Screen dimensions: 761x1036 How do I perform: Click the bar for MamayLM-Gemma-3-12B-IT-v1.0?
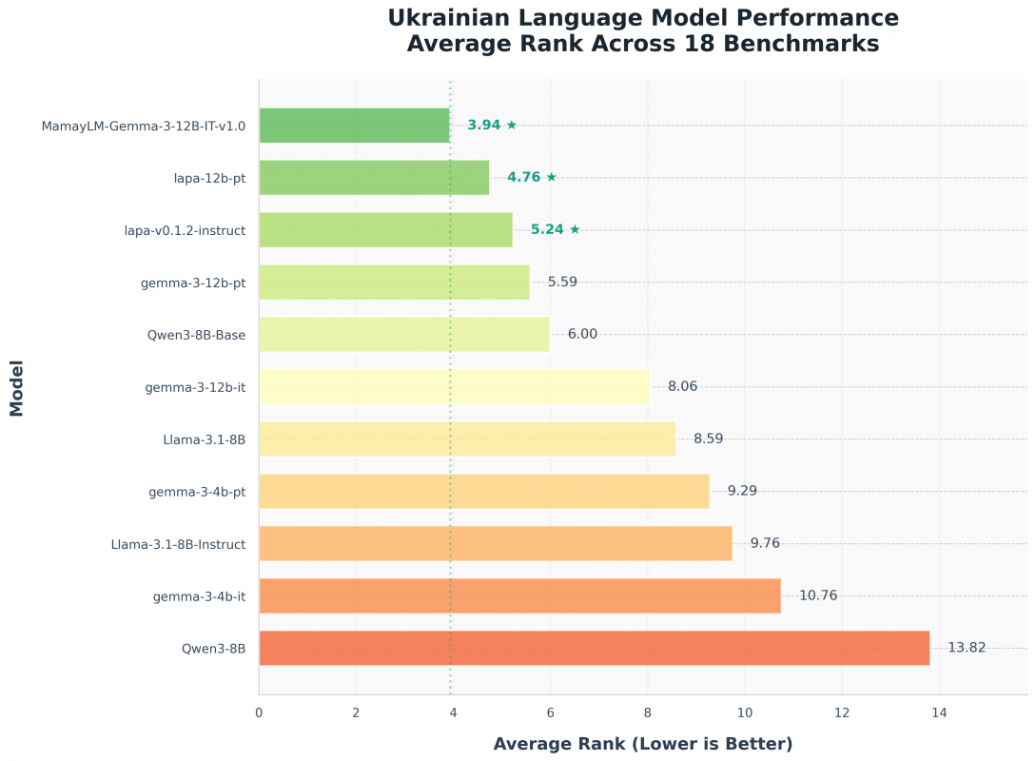[354, 126]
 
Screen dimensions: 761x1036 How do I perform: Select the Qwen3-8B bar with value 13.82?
[594, 649]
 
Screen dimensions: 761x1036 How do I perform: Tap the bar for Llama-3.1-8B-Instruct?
[495, 544]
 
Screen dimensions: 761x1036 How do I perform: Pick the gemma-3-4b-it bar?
[519, 596]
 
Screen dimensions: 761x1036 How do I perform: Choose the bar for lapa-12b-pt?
[374, 178]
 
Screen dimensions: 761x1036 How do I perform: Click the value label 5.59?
[562, 282]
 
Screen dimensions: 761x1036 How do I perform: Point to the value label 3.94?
[484, 126]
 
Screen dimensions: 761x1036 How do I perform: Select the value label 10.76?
[818, 596]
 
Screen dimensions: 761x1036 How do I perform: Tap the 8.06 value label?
[682, 387]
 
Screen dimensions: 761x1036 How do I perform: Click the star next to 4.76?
[551, 177]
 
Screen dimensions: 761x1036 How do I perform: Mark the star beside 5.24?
[575, 229]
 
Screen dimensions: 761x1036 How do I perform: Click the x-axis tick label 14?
[939, 712]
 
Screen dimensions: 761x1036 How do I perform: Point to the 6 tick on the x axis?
[550, 712]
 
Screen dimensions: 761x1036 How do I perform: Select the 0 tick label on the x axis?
[259, 712]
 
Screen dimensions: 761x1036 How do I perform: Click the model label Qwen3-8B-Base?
[196, 335]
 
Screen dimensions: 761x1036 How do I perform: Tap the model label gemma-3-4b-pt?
[197, 492]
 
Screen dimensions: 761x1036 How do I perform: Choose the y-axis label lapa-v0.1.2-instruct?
[185, 230]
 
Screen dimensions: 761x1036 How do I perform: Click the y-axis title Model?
[16, 387]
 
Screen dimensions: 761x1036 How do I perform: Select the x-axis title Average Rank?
[642, 744]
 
